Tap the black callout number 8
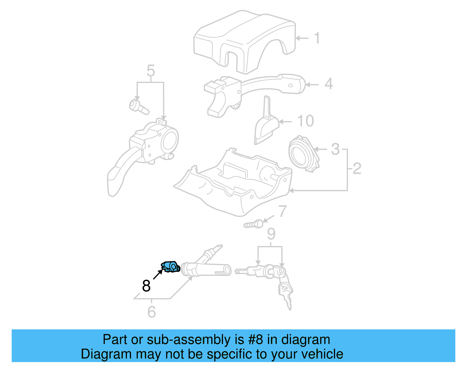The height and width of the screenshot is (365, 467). click(x=146, y=286)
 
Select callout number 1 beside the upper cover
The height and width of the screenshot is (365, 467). click(x=317, y=38)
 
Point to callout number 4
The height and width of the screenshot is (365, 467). click(x=329, y=84)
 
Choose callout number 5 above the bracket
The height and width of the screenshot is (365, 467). click(x=151, y=71)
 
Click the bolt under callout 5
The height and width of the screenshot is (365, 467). click(x=138, y=107)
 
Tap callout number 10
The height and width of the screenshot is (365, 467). click(x=305, y=121)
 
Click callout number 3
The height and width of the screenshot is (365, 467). click(x=335, y=149)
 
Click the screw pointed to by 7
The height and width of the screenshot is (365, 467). click(x=253, y=224)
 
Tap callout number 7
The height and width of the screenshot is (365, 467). click(x=282, y=211)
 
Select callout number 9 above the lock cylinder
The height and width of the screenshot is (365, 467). click(x=271, y=234)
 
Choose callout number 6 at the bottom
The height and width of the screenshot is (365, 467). click(x=151, y=312)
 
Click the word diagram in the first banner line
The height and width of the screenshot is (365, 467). click(x=306, y=340)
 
